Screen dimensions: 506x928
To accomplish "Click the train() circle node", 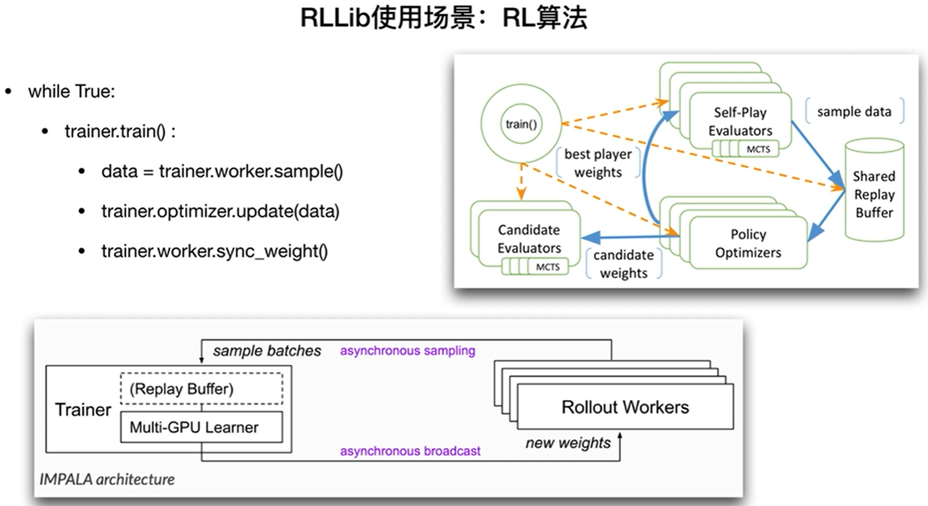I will pyautogui.click(x=520, y=124).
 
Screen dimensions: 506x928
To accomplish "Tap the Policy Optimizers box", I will pyautogui.click(x=748, y=243).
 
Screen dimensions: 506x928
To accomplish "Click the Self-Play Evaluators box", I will pyautogui.click(x=740, y=121).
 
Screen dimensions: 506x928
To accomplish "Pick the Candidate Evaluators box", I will pyautogui.click(x=529, y=238).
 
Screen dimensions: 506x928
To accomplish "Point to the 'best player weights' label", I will pyautogui.click(x=598, y=163).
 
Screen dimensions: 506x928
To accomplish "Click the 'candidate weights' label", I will pyautogui.click(x=623, y=264).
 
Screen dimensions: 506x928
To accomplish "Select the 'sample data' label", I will pyautogui.click(x=854, y=111).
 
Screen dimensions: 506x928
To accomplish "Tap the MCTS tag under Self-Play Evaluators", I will pyautogui.click(x=758, y=149).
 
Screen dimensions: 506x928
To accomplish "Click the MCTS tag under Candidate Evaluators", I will pyautogui.click(x=547, y=267).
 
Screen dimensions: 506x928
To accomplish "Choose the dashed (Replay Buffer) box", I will pyautogui.click(x=202, y=389).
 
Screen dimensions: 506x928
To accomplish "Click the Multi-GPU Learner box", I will pyautogui.click(x=201, y=427).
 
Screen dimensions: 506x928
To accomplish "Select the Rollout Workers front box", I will pyautogui.click(x=625, y=407).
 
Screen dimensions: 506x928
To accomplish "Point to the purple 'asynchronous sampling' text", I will pyautogui.click(x=407, y=350).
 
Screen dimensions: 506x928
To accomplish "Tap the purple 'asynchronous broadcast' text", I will pyautogui.click(x=410, y=451).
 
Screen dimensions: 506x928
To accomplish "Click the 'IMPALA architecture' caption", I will pyautogui.click(x=107, y=479).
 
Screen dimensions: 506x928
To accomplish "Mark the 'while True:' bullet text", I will pyautogui.click(x=71, y=91).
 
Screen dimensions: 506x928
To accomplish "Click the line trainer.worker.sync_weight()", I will pyautogui.click(x=214, y=251).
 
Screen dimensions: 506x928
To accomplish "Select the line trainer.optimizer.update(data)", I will pyautogui.click(x=220, y=211).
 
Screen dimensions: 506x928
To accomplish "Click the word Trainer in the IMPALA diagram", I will pyautogui.click(x=83, y=410).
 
